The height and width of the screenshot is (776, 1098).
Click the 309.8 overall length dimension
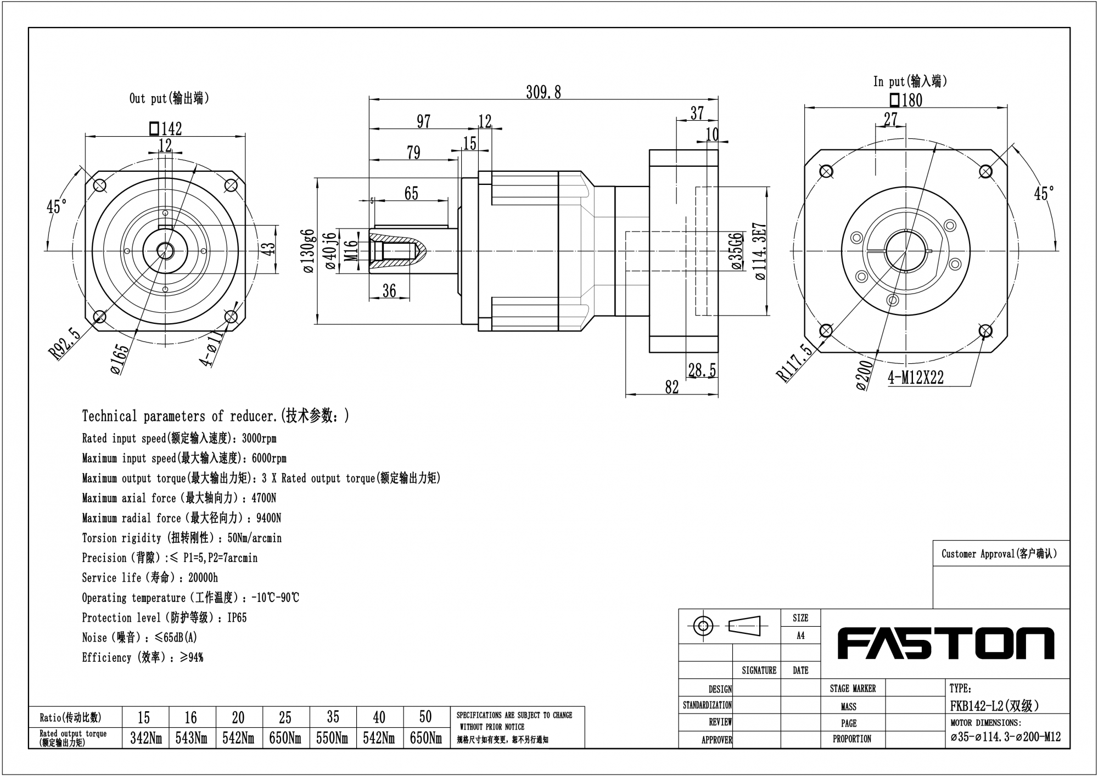[x=544, y=92]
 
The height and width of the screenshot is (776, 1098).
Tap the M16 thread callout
[x=351, y=251]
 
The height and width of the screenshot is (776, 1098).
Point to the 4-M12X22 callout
[x=915, y=378]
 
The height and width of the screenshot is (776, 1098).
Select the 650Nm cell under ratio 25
[x=285, y=739]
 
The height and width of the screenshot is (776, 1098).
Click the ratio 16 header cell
[x=191, y=717]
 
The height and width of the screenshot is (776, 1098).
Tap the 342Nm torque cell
[x=145, y=739]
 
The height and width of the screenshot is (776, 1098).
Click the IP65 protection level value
[x=237, y=618]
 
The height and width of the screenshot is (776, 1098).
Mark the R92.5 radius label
[x=65, y=344]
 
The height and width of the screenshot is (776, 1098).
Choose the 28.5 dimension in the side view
[x=702, y=370]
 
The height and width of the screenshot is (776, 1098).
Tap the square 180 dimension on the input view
[x=906, y=100]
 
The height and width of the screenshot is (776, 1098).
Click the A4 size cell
[x=800, y=636]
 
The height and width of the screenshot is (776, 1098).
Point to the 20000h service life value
[x=203, y=578]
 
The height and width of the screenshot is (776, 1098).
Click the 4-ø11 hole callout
[x=211, y=348]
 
